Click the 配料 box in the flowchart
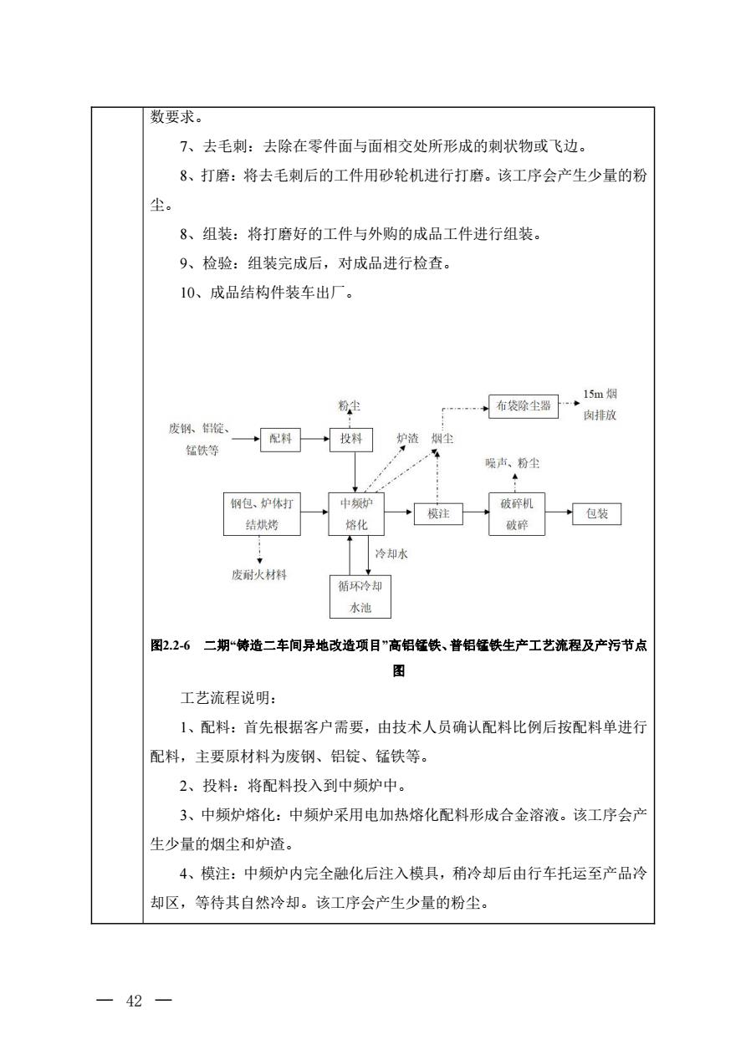[280, 439]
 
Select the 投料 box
[351, 439]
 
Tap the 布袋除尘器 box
[523, 406]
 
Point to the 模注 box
[438, 513]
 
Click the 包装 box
[596, 513]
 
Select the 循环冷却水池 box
[360, 597]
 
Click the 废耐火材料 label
[259, 575]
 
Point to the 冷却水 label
[391, 553]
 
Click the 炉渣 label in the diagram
[407, 438]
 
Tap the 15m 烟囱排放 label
[600, 405]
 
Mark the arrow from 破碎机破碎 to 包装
[559, 513]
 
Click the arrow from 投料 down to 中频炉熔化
[355, 471]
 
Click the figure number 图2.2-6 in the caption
[170, 645]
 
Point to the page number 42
[135, 1001]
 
